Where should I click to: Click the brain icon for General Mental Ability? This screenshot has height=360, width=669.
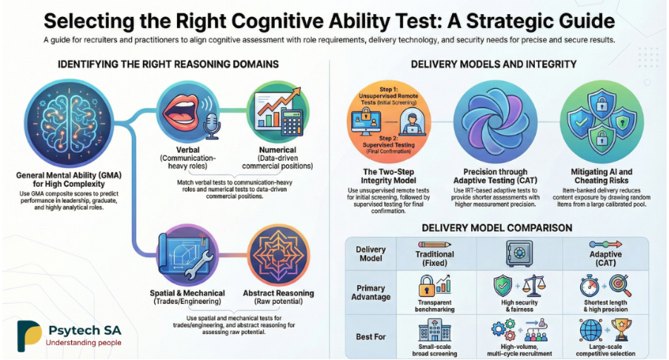tap(69, 124)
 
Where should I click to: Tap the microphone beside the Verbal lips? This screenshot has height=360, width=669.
tap(211, 126)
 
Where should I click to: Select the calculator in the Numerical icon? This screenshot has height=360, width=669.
tap(292, 123)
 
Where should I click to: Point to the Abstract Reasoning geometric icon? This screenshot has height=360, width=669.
tap(278, 256)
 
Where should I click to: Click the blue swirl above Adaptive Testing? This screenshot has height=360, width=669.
tap(495, 122)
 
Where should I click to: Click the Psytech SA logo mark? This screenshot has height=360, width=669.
tap(30, 336)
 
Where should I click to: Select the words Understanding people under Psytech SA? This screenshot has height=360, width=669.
tap(84, 342)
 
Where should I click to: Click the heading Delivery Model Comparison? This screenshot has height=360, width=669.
tap(497, 227)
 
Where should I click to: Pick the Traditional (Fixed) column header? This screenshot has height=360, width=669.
tap(435, 259)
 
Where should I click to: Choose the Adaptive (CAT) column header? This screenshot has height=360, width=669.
tap(605, 259)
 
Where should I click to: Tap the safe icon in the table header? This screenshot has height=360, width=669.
tap(519, 253)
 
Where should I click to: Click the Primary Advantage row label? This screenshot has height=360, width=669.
tap(370, 293)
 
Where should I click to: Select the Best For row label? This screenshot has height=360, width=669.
tap(370, 337)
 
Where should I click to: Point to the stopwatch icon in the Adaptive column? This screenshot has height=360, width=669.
tap(590, 286)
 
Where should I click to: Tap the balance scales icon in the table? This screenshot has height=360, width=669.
tap(534, 286)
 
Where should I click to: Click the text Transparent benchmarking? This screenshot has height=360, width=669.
tap(435, 306)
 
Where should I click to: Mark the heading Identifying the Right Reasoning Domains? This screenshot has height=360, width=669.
tap(168, 64)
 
